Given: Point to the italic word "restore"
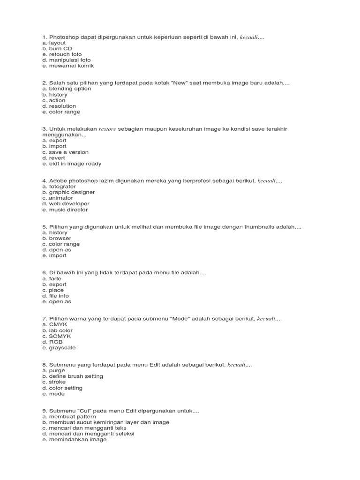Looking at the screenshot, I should click(107, 129).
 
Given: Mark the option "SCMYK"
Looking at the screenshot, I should click(55, 336).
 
